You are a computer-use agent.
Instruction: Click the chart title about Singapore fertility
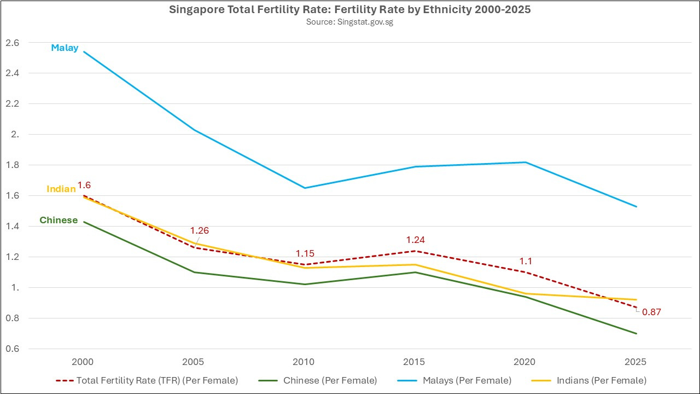click(349, 10)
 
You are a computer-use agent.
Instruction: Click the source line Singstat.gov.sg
click(349, 22)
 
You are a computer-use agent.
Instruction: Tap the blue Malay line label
click(65, 48)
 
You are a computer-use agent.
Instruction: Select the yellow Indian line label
click(61, 189)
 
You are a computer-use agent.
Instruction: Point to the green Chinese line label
click(59, 220)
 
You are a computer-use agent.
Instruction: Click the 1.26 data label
click(200, 230)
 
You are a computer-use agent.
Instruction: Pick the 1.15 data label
click(305, 253)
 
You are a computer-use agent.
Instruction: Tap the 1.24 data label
click(415, 240)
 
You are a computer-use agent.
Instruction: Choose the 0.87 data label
click(651, 312)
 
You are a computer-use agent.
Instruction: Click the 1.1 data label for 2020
click(526, 261)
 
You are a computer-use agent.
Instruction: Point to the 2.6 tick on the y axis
click(12, 43)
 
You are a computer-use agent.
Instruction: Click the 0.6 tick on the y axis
click(12, 349)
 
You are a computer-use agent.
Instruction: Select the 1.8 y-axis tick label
click(12, 165)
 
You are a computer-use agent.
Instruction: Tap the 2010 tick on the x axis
click(304, 362)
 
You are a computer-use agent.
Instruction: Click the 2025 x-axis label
click(635, 362)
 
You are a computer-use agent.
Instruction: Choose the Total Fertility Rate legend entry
click(147, 380)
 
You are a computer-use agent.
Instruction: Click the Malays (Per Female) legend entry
click(454, 380)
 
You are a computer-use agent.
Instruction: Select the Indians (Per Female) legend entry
click(589, 380)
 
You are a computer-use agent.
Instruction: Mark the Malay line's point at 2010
click(305, 188)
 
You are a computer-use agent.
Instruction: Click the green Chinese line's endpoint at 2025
click(636, 333)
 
